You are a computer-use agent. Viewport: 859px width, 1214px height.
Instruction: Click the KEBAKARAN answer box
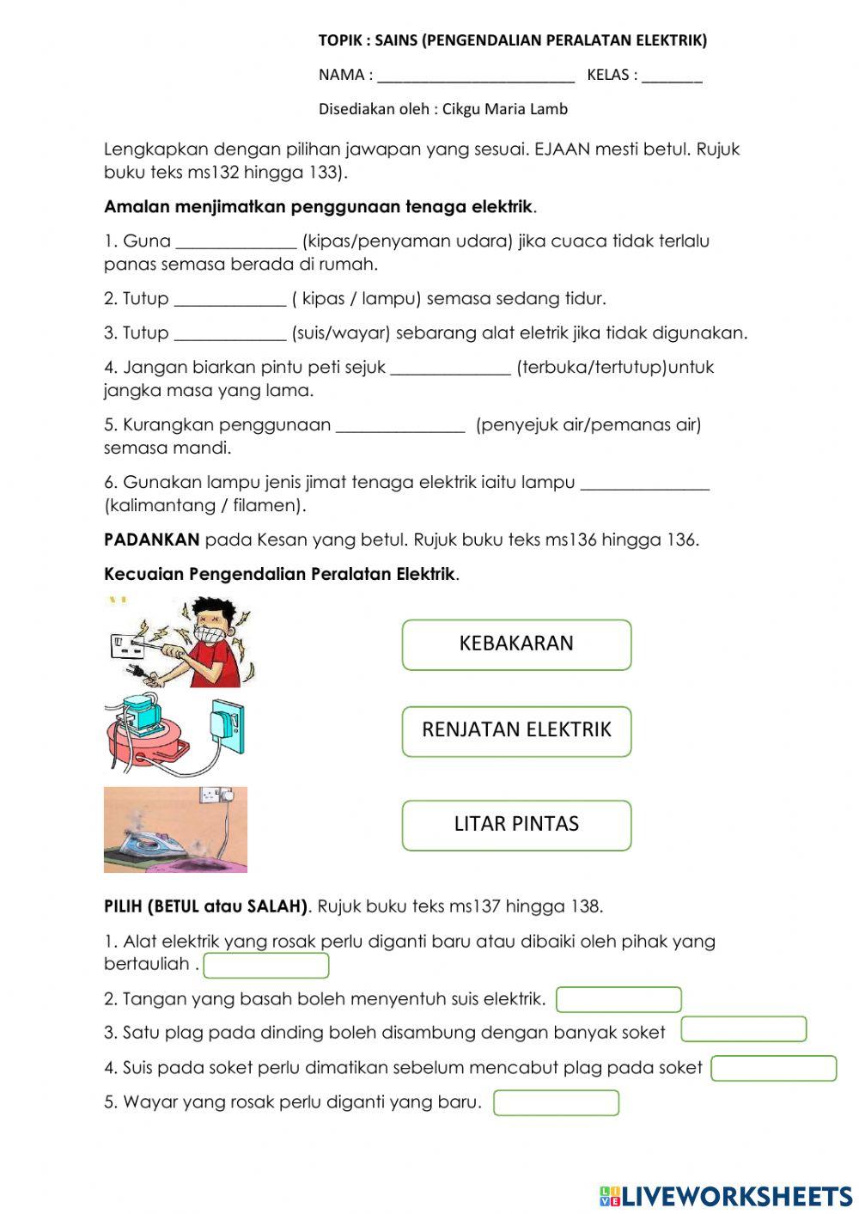click(x=516, y=644)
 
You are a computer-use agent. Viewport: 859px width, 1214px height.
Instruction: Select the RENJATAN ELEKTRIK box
click(x=516, y=731)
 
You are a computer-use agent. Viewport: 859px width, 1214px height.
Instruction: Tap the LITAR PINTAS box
click(x=516, y=825)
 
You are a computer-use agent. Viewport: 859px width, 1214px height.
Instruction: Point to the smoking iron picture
click(x=175, y=829)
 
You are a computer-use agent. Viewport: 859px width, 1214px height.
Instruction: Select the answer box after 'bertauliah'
click(x=266, y=966)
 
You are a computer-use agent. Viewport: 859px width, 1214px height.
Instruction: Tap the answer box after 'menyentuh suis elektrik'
click(x=618, y=1000)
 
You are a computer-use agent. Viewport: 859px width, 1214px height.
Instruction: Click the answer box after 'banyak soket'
click(x=744, y=1029)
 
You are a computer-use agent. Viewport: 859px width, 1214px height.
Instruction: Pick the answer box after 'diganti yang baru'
click(x=556, y=1103)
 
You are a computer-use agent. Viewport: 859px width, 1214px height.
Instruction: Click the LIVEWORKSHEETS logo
click(x=726, y=1196)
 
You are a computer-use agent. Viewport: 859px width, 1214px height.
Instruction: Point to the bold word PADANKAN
click(x=151, y=540)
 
